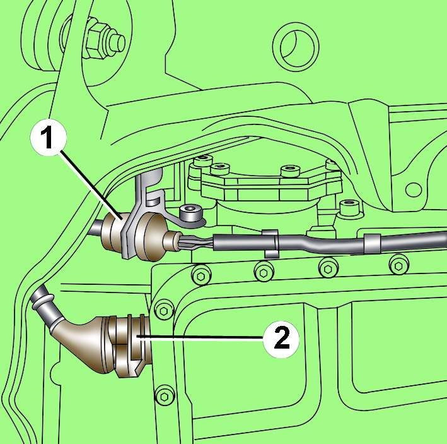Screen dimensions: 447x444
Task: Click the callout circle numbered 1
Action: [x=49, y=137]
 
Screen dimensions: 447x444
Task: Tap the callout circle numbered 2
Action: [x=281, y=339]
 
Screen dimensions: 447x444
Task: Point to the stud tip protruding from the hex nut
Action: [x=117, y=42]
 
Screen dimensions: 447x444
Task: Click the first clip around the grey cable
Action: [x=271, y=243]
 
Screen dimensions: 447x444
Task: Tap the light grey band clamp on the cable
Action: [x=372, y=244]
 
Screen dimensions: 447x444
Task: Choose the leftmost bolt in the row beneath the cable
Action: [x=201, y=276]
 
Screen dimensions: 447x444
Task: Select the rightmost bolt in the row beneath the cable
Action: [x=399, y=265]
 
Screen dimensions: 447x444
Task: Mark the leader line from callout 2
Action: [x=200, y=337]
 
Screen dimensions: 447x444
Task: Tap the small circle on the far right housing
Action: [x=414, y=190]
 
